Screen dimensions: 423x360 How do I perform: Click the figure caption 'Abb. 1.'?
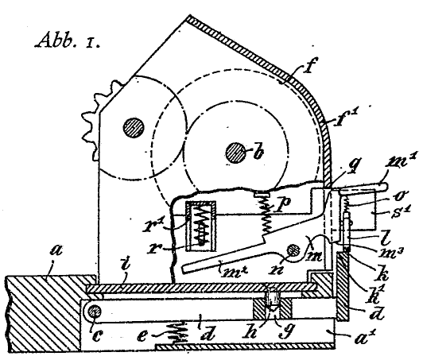[68, 41]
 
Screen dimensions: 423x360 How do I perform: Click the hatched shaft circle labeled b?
[235, 153]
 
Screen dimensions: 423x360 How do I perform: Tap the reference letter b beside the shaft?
[258, 153]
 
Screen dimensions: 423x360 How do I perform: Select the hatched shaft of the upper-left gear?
[134, 128]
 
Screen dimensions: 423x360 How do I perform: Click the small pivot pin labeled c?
[95, 312]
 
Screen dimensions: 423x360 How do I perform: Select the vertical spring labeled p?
[266, 211]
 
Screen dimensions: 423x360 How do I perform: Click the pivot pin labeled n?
[293, 251]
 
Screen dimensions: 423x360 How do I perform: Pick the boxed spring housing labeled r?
[200, 226]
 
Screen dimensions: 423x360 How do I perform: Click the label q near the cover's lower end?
[353, 165]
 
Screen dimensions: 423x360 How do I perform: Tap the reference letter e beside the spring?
[142, 335]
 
